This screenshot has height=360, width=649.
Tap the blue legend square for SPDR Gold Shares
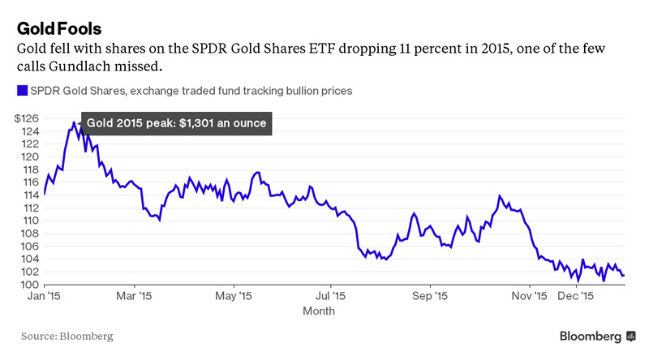pos(22,91)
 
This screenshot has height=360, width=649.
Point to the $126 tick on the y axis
pos(28,118)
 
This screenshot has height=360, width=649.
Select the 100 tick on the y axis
pos(29,285)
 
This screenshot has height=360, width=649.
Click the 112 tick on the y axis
pos(29,208)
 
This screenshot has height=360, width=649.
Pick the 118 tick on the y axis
pos(29,169)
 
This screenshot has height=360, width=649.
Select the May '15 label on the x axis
pos(234,297)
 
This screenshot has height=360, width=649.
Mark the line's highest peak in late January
pos(74,122)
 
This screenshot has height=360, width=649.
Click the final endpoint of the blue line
pos(623,276)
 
